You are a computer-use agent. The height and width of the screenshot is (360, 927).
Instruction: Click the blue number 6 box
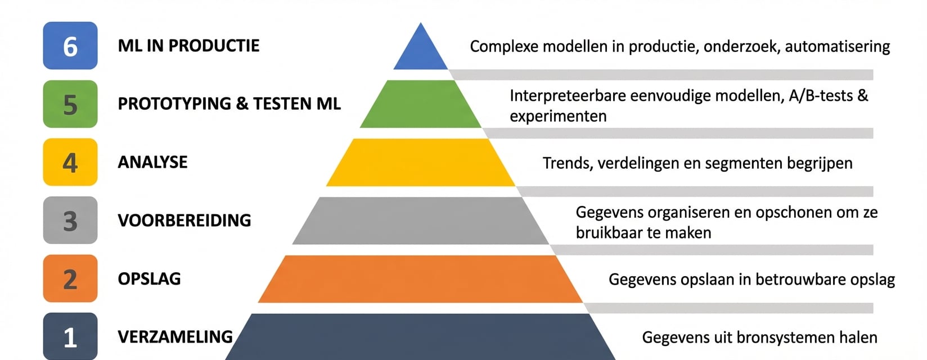(70, 46)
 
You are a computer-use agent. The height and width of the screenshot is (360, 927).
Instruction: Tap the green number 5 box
(70, 104)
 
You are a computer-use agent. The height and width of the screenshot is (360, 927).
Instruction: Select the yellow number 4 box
(70, 162)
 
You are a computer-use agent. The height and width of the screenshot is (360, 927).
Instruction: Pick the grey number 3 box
(70, 220)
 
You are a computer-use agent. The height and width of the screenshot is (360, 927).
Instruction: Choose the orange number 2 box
(70, 278)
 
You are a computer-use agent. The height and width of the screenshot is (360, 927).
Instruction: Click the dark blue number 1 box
(70, 336)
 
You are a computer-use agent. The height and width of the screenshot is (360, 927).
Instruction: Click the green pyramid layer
(421, 105)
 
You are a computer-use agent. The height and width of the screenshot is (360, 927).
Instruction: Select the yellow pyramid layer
(421, 163)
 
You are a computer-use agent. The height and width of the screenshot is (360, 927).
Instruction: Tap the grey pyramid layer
(421, 220)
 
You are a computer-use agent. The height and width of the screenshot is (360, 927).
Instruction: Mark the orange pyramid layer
(421, 279)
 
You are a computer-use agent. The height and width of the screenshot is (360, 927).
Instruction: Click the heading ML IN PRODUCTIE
(188, 46)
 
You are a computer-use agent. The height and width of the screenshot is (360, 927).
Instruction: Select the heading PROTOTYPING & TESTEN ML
(229, 104)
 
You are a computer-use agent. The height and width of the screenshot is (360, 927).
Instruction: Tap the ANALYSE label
(152, 162)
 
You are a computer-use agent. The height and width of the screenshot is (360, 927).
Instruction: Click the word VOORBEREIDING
(184, 220)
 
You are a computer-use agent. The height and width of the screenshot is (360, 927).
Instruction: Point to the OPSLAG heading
(149, 279)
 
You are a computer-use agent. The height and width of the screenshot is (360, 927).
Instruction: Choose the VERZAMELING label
(175, 337)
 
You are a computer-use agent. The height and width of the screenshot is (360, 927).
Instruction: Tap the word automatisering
(837, 47)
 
